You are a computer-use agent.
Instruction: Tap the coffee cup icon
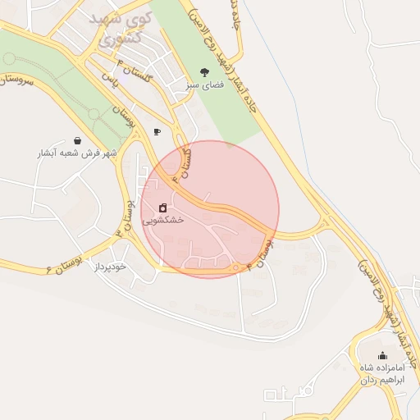click(157, 130)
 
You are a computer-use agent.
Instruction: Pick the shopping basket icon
click(77, 140)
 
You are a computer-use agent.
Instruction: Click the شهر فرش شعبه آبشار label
click(77, 153)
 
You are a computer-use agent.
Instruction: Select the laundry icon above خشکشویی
click(163, 207)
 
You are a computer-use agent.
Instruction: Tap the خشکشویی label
click(163, 220)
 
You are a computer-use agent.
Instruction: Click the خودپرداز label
click(108, 267)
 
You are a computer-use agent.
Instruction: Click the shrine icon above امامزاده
click(383, 354)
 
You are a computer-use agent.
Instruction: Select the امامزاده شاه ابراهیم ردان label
click(383, 374)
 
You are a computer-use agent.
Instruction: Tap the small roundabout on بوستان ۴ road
click(236, 267)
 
